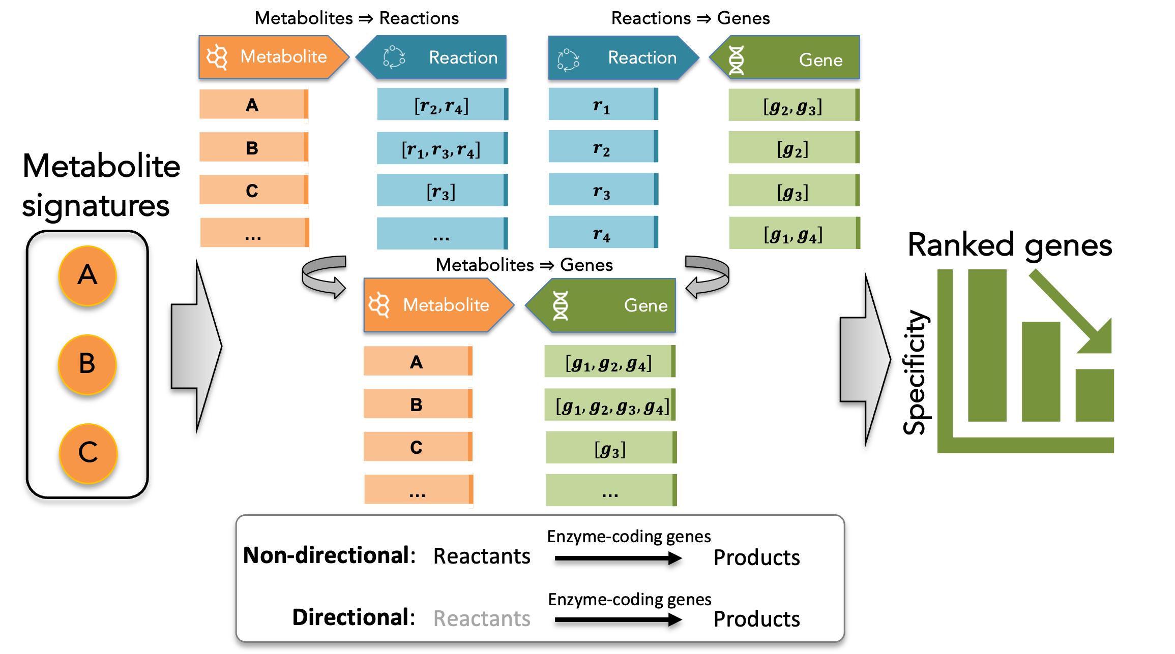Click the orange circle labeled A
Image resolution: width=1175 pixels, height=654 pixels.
87,276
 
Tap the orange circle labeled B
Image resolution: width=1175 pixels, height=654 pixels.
87,364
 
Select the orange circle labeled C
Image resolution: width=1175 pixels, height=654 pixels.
88,453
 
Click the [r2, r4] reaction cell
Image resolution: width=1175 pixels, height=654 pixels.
442,105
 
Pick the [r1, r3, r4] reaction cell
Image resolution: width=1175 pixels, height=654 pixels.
442,148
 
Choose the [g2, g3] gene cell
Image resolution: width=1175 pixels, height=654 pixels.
793,105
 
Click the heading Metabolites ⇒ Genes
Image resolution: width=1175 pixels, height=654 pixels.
524,265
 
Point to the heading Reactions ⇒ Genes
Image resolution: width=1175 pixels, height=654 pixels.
690,18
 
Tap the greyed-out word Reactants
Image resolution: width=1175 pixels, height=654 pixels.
482,618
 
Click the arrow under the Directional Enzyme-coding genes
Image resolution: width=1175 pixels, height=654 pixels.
618,619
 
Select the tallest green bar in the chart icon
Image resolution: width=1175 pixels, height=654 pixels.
987,346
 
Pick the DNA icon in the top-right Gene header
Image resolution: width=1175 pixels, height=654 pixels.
736,60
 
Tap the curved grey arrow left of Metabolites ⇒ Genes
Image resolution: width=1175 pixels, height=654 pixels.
324,276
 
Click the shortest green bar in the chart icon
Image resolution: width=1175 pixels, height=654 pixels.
1095,395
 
